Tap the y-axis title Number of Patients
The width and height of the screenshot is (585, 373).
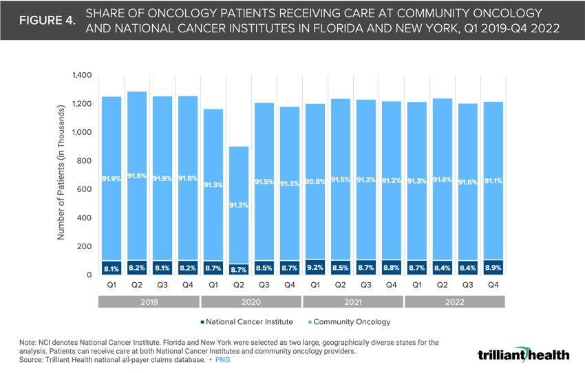[61, 172]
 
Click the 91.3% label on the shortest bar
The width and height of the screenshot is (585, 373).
[239, 205]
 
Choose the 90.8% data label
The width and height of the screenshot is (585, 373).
[315, 182]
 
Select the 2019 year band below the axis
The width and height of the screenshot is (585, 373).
[149, 302]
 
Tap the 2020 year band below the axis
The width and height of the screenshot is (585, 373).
[251, 302]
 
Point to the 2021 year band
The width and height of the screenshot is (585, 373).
[352, 302]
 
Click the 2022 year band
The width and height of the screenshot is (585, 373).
[454, 302]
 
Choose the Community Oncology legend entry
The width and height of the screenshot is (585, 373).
[351, 321]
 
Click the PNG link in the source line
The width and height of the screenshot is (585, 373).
[222, 360]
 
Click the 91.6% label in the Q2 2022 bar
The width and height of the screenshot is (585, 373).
[441, 180]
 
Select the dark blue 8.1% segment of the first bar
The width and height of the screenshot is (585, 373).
[111, 268]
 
